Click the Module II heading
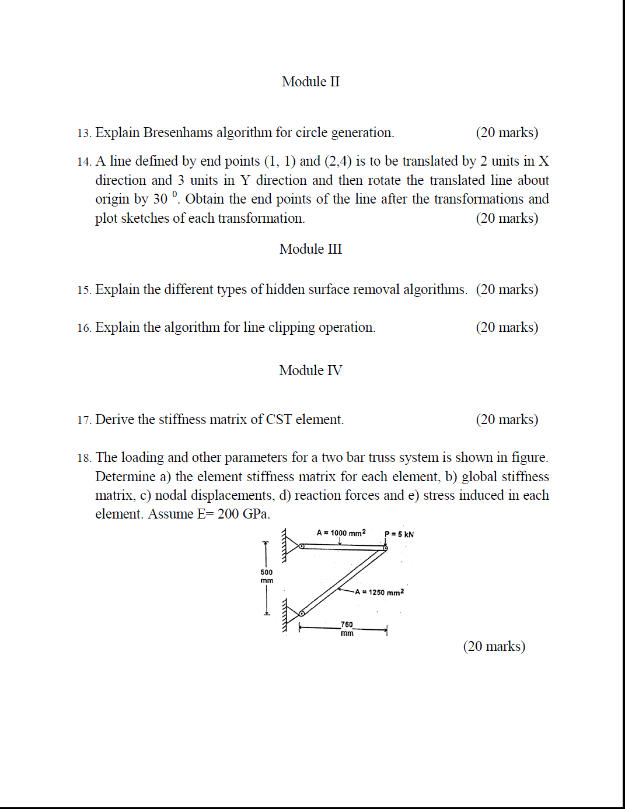[310, 82]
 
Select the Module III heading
[310, 249]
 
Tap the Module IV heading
[310, 370]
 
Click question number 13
[84, 133]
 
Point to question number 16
[84, 328]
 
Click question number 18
[84, 458]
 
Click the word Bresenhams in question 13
[178, 132]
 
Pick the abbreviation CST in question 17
[279, 419]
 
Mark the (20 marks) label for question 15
[507, 289]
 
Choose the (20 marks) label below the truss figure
[494, 646]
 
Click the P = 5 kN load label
[399, 534]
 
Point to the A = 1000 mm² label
[341, 533]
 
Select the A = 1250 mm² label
[379, 592]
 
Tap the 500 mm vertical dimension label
[267, 576]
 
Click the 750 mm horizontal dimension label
[347, 628]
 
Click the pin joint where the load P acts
[385, 548]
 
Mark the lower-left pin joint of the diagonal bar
[302, 613]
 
